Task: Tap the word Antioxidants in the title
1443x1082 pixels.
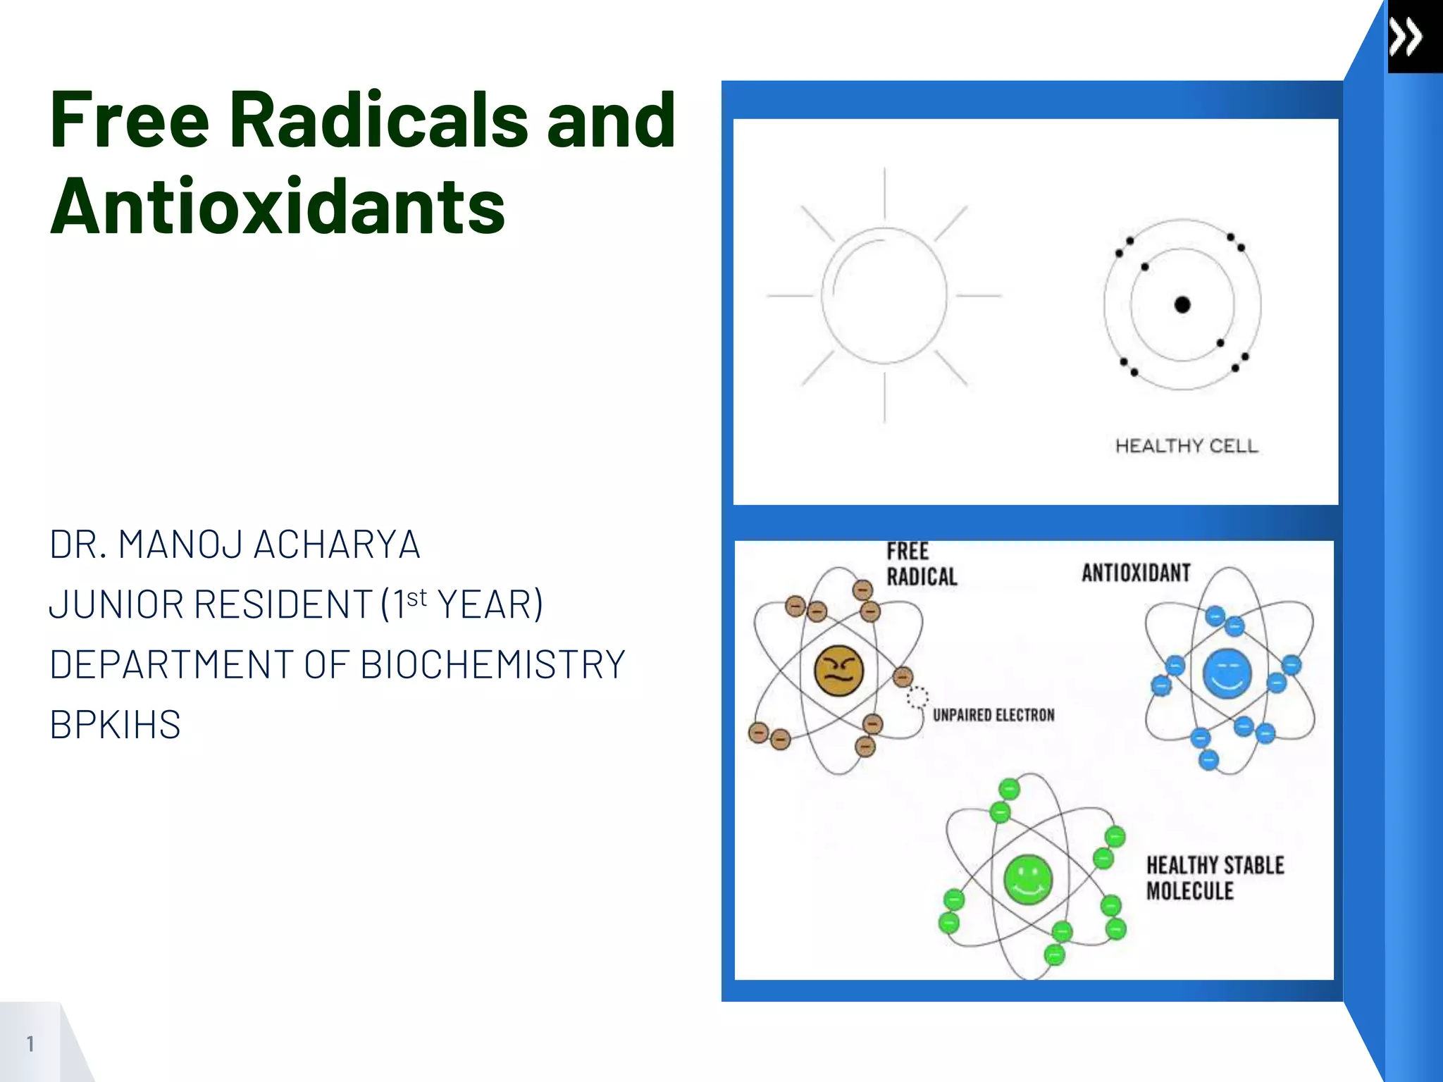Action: pos(278,206)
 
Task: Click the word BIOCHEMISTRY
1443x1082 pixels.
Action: pos(493,664)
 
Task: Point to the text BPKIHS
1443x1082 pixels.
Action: pos(115,725)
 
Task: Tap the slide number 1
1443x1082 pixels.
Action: pos(30,1043)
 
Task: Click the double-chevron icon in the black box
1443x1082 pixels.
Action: pos(1406,37)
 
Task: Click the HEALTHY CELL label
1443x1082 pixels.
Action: pos(1187,446)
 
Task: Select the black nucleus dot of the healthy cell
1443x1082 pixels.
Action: pos(1182,304)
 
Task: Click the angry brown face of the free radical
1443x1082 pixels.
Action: pos(838,671)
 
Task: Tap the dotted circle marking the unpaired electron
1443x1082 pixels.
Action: pos(917,697)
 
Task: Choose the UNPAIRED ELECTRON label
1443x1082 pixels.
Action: pos(993,715)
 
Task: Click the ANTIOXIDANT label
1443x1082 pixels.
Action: pos(1136,573)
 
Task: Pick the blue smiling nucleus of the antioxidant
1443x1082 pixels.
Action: pos(1227,673)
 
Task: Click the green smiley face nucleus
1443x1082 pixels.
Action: pos(1028,879)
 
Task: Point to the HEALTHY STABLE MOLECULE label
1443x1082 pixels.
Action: pos(1215,878)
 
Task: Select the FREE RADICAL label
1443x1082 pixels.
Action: pos(921,564)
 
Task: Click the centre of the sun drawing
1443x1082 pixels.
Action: pos(884,296)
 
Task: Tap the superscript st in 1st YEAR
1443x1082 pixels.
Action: pos(416,597)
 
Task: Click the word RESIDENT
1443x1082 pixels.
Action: pos(282,604)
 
